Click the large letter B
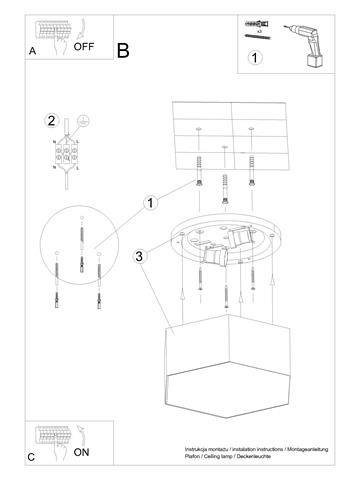coord(123,49)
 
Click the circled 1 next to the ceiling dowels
coord(151,203)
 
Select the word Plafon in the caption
coord(192,460)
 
